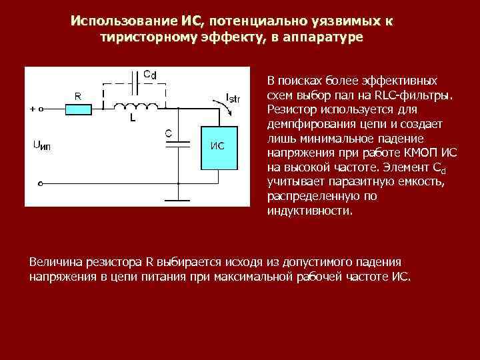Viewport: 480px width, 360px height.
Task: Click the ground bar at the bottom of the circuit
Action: pos(178,198)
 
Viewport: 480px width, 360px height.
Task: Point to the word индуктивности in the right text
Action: pos(307,211)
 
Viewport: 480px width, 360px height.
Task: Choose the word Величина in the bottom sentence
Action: pos(55,261)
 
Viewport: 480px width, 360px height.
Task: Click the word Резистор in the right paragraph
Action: pos(289,109)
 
